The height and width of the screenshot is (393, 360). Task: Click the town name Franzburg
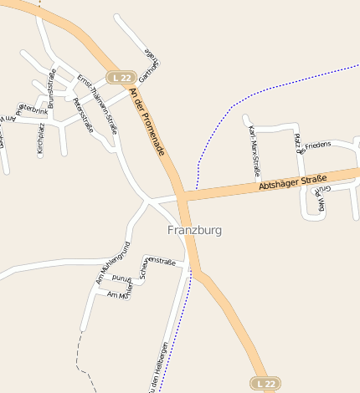(x=194, y=230)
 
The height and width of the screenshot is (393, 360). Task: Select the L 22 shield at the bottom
(x=266, y=382)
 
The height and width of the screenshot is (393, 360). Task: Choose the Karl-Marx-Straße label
(x=255, y=151)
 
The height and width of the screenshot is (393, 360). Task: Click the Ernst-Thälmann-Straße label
(x=98, y=103)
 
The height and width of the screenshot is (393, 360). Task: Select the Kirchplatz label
(x=39, y=138)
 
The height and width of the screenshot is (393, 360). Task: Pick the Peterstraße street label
(x=83, y=115)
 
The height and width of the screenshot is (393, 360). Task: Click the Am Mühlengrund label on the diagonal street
(x=113, y=263)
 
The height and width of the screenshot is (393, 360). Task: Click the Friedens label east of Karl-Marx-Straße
(x=318, y=145)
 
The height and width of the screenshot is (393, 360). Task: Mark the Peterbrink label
(x=32, y=108)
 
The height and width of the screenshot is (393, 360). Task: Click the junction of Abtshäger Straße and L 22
(x=181, y=197)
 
